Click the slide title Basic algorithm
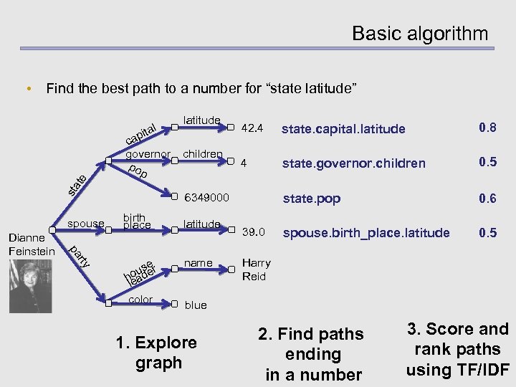click(419, 34)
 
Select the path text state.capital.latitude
click(343, 129)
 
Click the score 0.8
click(488, 128)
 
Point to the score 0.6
click(488, 198)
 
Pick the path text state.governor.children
click(353, 163)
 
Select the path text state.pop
click(312, 199)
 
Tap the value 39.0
click(254, 232)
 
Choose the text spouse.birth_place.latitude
click(366, 233)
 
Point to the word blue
click(196, 305)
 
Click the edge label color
click(140, 300)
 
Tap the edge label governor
click(148, 154)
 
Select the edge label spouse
click(86, 224)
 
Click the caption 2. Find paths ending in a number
click(312, 354)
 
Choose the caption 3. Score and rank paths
click(457, 350)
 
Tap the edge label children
click(204, 153)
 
